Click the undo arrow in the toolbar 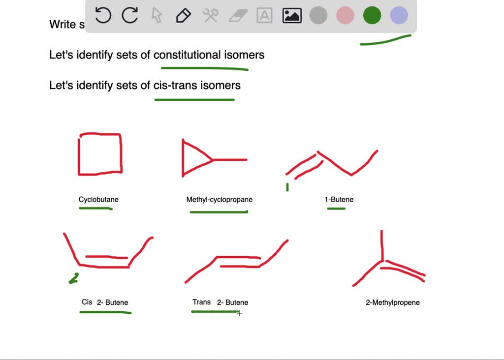click(103, 16)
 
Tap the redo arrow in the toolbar click(130, 16)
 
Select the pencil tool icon click(183, 16)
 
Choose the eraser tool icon click(238, 16)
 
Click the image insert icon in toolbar click(292, 16)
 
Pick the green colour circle click(372, 16)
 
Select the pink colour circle click(345, 16)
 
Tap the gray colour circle click(318, 16)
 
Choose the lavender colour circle click(399, 16)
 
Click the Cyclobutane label click(98, 199)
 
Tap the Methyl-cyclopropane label click(219, 199)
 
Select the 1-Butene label click(339, 199)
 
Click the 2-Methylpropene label click(392, 302)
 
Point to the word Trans click(201, 302)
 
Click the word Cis click(87, 302)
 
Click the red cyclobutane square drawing click(100, 153)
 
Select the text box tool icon click(265, 16)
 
